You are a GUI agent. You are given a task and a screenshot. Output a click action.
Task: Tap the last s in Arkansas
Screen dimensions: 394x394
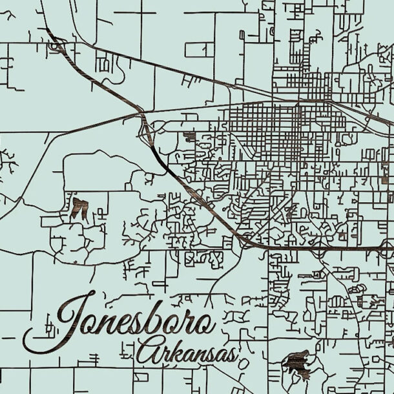230,355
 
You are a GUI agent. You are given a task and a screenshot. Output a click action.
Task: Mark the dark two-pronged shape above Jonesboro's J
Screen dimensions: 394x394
79,207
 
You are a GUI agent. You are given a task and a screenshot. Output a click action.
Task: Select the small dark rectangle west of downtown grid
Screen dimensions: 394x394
189,136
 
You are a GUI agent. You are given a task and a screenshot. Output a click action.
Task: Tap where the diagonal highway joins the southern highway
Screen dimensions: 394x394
249,244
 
